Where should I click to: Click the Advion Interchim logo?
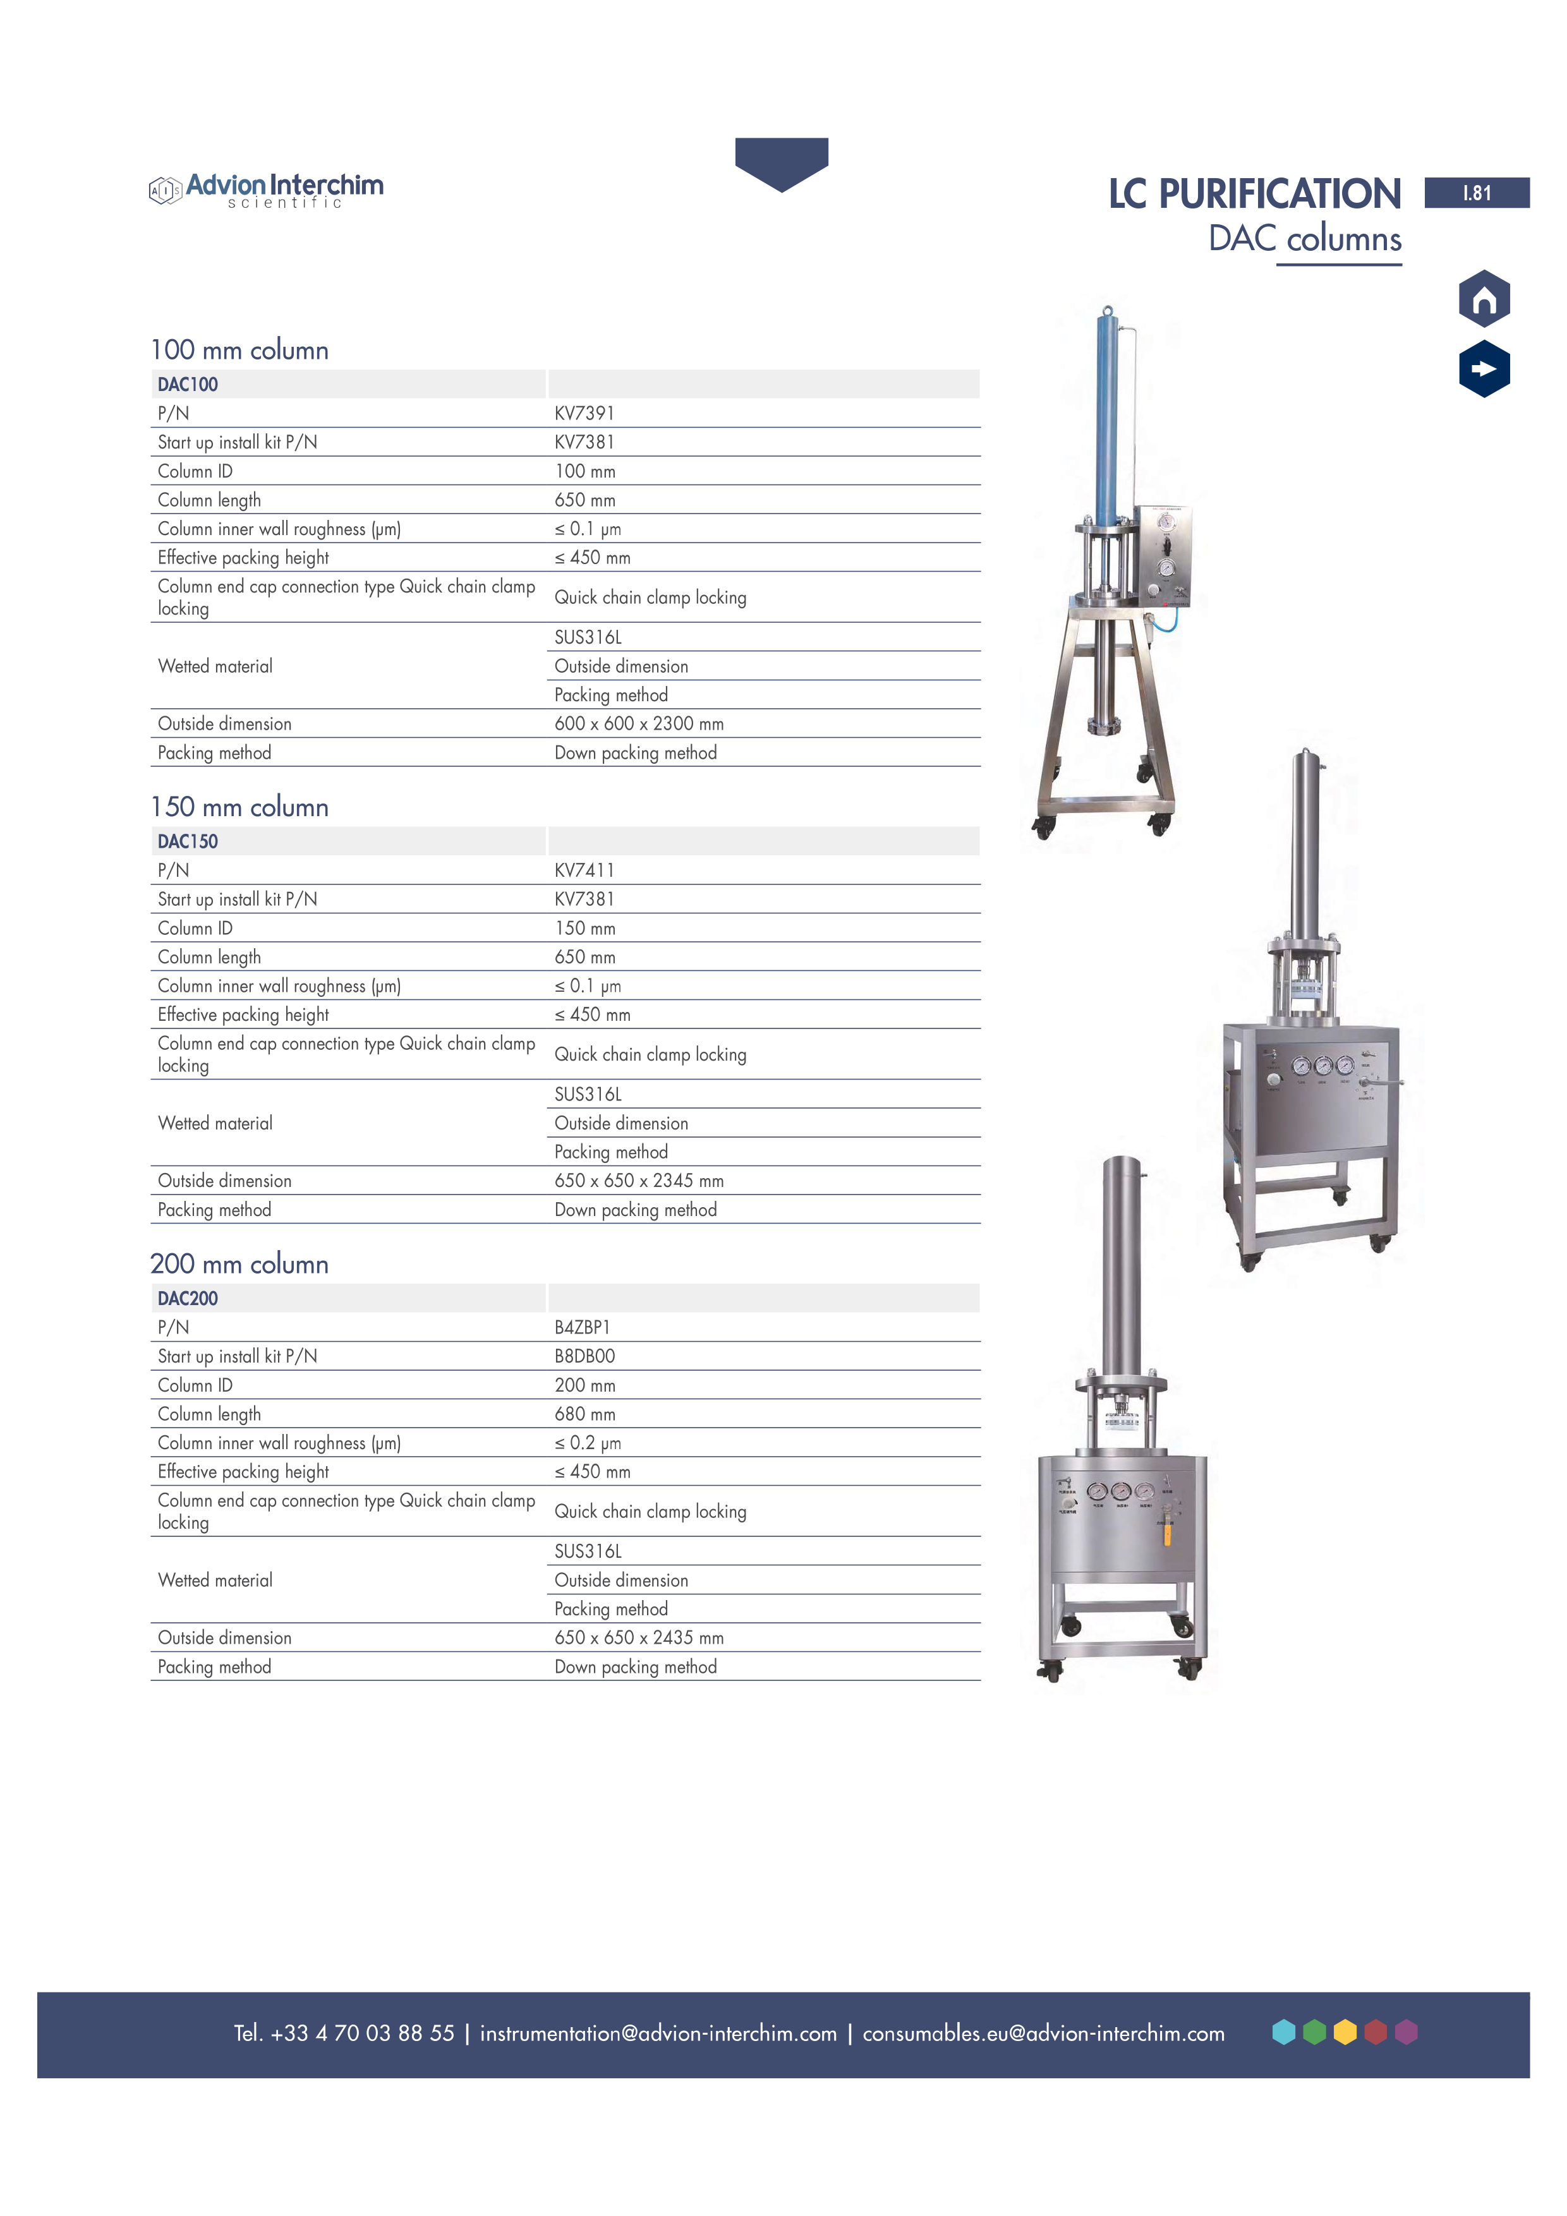267,189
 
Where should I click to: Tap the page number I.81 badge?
1475,193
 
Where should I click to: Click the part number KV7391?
584,413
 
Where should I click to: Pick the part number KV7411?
584,870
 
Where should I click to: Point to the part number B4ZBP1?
582,1327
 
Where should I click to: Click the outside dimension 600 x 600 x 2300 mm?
638,724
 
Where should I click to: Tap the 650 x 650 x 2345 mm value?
638,1181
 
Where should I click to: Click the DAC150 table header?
188,841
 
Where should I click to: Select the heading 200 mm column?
239,1265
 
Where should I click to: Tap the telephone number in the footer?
344,2033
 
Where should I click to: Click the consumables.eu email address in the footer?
1043,2033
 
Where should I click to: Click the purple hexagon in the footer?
1406,2033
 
